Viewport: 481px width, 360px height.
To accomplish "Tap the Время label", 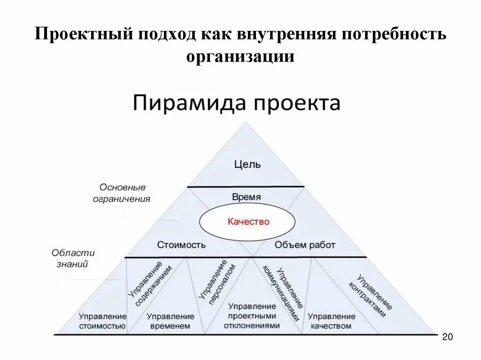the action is click(x=246, y=197).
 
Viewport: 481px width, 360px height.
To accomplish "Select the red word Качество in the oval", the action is click(x=248, y=221).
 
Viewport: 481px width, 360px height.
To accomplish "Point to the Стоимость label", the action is click(x=181, y=245).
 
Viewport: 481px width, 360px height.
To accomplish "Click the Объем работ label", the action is click(x=305, y=245).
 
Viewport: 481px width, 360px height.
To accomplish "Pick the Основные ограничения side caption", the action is click(x=122, y=192).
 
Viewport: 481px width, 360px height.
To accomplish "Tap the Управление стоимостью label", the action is click(x=102, y=321).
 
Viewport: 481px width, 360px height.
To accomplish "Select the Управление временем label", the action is click(x=170, y=321).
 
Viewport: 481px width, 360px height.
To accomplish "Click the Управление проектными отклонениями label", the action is click(x=252, y=315).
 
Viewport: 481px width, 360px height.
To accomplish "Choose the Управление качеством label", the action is click(x=331, y=321).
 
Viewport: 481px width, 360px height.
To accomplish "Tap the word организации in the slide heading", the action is click(x=240, y=56).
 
